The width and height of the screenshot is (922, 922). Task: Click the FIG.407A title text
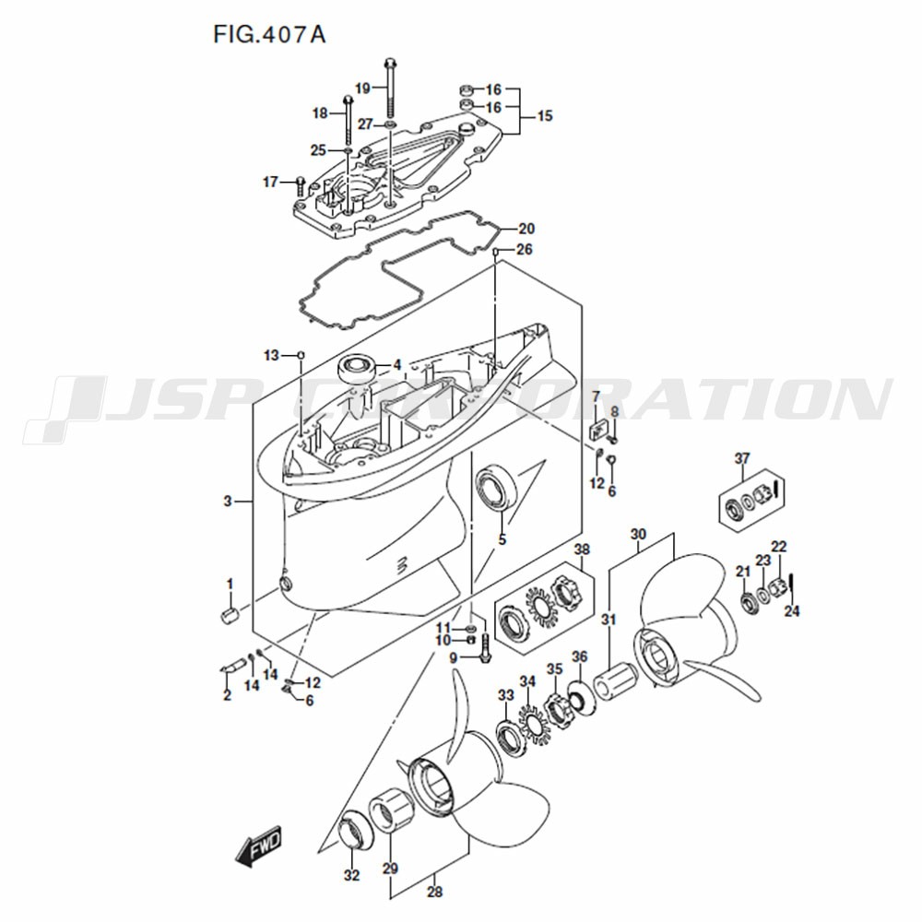tap(268, 35)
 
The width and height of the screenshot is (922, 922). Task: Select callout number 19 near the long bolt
tap(362, 89)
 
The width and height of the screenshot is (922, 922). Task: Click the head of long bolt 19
tap(390, 62)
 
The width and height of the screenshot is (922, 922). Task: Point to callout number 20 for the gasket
tap(526, 228)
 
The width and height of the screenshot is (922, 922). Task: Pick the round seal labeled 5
tap(496, 486)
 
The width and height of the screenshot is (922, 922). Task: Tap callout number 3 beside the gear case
tap(228, 502)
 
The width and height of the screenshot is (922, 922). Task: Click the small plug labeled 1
tap(228, 618)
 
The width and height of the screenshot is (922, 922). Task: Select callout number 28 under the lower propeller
tap(434, 892)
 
